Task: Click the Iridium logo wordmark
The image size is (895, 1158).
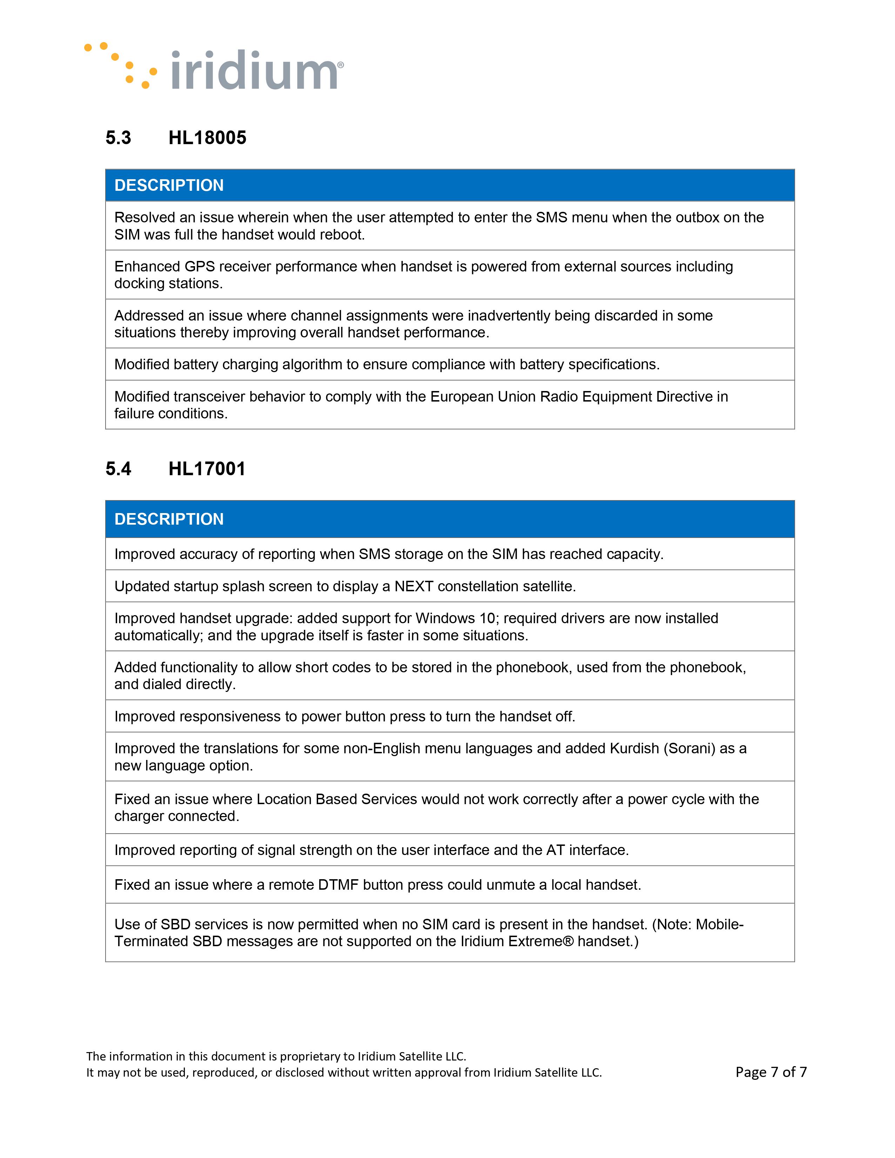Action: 256,70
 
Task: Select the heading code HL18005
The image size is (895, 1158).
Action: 207,138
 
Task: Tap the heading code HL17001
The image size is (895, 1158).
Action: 207,469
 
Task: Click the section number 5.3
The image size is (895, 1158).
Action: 118,138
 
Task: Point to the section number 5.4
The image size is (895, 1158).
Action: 118,469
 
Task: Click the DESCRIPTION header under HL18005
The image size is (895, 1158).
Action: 169,185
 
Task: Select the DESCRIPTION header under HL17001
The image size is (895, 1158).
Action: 169,519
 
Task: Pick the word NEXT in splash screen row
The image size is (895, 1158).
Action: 413,586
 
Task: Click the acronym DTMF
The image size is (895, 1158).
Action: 338,884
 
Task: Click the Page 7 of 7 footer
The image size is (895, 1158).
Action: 771,1072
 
